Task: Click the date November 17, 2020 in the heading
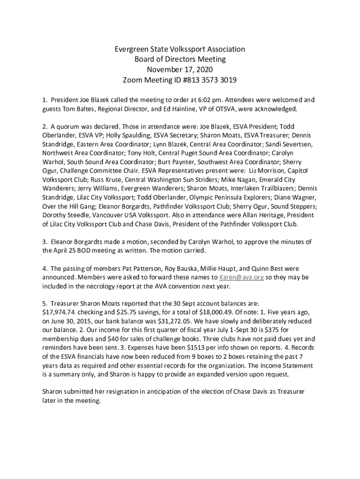pos(180,70)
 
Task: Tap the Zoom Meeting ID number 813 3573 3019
pos(208,80)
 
